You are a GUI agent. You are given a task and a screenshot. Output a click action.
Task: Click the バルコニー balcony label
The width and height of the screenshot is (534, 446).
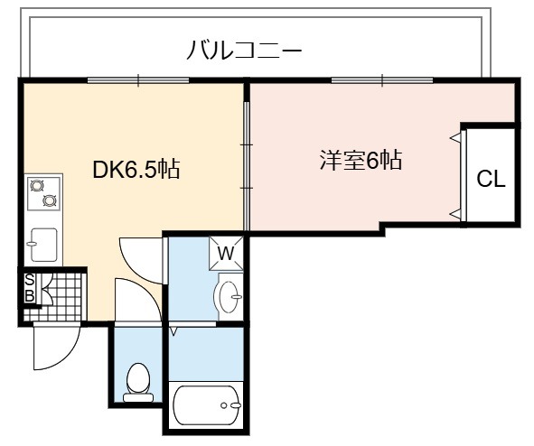[x=244, y=50]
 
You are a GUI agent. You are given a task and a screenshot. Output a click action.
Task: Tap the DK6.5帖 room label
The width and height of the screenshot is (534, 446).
[x=136, y=169]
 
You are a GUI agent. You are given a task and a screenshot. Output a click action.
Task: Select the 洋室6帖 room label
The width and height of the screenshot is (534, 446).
[x=361, y=160]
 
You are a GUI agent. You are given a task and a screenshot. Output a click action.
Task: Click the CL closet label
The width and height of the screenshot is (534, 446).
[x=491, y=178]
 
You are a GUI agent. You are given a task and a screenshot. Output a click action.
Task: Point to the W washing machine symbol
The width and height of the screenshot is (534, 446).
[x=226, y=254]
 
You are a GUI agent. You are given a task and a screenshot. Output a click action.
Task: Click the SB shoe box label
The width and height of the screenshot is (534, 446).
[x=30, y=288]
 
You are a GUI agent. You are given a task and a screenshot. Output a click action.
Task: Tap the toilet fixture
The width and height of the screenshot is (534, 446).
[x=138, y=383]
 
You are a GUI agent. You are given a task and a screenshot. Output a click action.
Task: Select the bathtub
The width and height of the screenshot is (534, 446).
[x=207, y=404]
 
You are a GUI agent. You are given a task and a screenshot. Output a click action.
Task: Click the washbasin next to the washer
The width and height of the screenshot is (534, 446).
[x=230, y=297]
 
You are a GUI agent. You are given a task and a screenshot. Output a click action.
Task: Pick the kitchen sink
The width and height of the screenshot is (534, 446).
[x=43, y=245]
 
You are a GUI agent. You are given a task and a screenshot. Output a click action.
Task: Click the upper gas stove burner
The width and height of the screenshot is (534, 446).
[x=37, y=185]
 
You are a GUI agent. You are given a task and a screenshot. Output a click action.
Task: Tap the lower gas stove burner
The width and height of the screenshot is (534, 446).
[x=50, y=200]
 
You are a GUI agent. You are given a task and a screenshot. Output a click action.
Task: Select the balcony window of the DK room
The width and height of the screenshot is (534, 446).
[x=138, y=80]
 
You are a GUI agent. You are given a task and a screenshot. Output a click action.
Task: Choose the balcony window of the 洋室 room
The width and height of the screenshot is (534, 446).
[x=382, y=80]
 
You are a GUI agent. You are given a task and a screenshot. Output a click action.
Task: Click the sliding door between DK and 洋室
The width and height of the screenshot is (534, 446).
[x=247, y=166]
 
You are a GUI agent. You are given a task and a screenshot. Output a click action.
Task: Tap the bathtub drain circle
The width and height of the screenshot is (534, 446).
[x=224, y=405]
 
